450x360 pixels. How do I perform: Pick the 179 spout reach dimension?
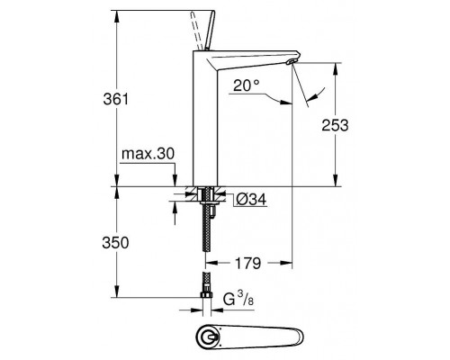[249, 264]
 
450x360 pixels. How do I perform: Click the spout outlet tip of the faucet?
[290, 61]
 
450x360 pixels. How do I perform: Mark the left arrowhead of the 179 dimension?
[211, 264]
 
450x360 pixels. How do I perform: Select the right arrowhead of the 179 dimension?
[288, 264]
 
